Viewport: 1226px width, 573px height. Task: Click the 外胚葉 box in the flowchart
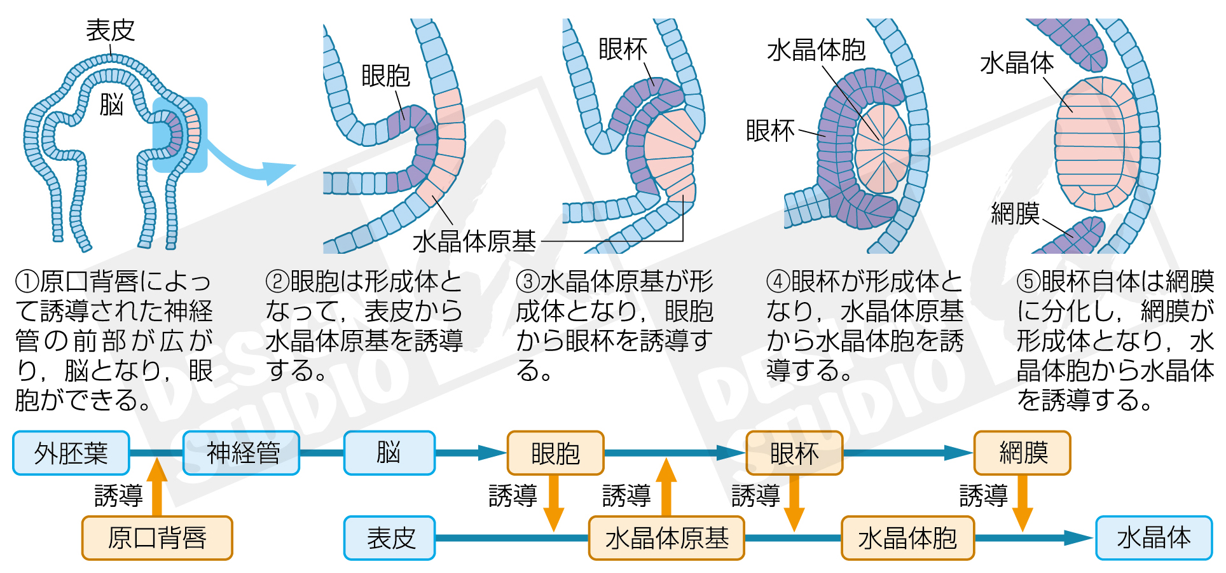[71, 453]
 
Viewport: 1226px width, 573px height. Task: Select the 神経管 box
[241, 453]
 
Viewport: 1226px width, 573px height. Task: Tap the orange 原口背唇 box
[157, 538]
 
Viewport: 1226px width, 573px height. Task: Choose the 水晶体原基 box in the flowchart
[666, 538]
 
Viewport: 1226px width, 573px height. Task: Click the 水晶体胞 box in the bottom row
[907, 538]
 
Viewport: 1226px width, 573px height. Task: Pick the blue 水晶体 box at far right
[1154, 538]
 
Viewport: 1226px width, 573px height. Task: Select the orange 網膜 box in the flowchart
[1022, 453]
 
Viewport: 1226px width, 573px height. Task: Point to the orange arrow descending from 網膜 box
[1022, 502]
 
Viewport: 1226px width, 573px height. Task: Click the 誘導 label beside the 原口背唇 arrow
[119, 495]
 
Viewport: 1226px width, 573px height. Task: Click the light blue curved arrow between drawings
[254, 164]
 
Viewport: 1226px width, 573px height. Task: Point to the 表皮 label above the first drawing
[111, 30]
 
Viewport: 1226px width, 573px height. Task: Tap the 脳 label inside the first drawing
[111, 104]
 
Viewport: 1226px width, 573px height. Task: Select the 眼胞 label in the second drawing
[385, 76]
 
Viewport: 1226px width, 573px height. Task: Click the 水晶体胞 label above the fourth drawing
[816, 50]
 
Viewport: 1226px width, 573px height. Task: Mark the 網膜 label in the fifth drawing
[1015, 213]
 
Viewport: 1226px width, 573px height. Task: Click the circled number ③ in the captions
[528, 282]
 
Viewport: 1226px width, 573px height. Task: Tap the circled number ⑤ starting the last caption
[1028, 282]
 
